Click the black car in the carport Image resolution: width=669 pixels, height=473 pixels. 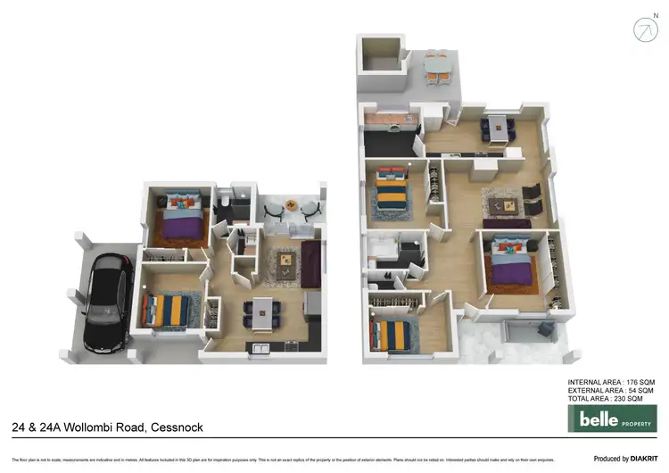(x=105, y=302)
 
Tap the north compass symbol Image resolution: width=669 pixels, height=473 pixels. (x=645, y=29)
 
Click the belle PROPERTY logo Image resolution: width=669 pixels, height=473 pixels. (x=606, y=418)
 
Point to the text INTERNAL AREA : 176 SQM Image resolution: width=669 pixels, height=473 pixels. (x=610, y=383)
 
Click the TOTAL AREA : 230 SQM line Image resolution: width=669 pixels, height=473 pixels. (x=610, y=399)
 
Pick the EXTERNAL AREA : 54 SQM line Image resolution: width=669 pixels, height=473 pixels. (x=610, y=391)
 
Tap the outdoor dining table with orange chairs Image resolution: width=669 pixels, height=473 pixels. (x=435, y=67)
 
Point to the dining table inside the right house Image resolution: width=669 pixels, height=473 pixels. (x=496, y=128)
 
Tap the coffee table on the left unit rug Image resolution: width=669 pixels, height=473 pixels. (x=285, y=261)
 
